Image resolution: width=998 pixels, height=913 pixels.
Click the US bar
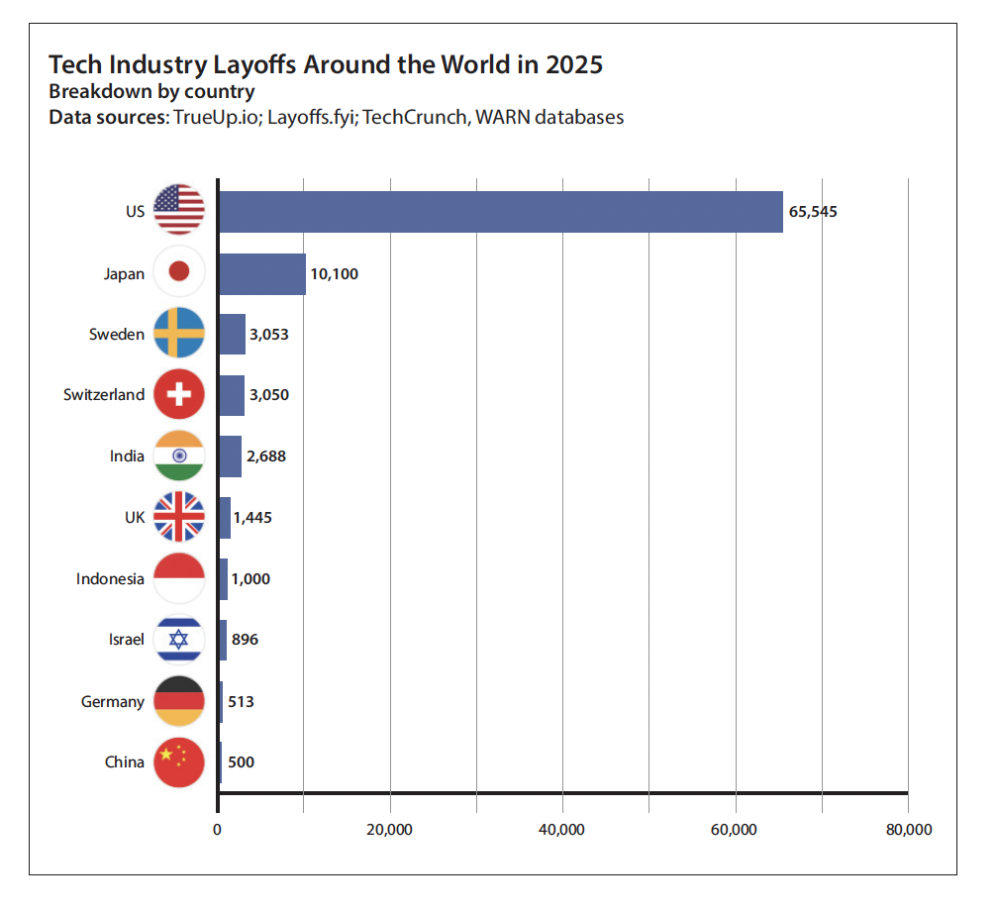(500, 212)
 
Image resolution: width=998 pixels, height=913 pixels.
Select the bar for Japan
(261, 273)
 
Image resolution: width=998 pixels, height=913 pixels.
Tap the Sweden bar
(232, 334)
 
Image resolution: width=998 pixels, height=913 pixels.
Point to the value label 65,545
(813, 212)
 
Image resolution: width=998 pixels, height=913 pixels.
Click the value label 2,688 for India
(266, 456)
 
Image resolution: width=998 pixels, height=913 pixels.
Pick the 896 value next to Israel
(245, 640)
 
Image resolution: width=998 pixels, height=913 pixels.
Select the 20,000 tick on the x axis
(389, 830)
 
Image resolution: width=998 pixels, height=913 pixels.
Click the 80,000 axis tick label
(908, 830)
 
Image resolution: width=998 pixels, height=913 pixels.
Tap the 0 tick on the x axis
(217, 830)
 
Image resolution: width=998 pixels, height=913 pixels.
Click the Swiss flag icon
(179, 394)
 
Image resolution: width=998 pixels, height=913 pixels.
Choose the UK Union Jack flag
(179, 517)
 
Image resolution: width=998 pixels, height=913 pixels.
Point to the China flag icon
(179, 762)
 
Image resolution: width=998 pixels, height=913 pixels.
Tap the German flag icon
(179, 701)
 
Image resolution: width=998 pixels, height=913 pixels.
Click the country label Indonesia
(110, 579)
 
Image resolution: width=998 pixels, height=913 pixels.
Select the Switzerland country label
(104, 395)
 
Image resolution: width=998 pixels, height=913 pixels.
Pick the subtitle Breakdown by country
(151, 92)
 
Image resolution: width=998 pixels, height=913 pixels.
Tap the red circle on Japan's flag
(179, 272)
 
